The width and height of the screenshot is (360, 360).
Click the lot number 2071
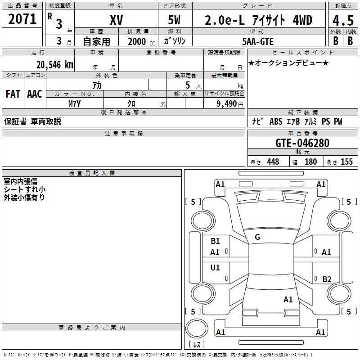coord(22,19)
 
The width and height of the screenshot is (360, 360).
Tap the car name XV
coord(117,20)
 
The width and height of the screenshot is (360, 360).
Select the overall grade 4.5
coord(343,20)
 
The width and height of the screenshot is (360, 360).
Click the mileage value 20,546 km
coord(55,65)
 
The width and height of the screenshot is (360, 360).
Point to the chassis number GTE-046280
coord(302,143)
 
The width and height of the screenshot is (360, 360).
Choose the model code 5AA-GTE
coord(258,41)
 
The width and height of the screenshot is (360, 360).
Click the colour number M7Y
coord(74,104)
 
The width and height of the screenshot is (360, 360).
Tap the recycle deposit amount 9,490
coord(227,104)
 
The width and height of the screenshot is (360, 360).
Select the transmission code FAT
coord(13,94)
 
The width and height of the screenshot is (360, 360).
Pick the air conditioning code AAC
coord(35,94)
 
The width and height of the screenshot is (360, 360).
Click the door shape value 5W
coord(174,20)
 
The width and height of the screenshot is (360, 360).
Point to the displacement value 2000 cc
coord(141,41)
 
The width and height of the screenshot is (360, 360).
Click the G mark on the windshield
coord(257,237)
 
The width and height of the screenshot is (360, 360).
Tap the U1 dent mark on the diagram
coord(215,267)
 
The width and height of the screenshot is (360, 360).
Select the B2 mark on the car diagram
coord(327,279)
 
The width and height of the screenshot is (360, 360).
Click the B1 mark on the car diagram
coord(215,241)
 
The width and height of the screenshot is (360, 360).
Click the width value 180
coord(310,162)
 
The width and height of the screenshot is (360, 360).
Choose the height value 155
coord(346,162)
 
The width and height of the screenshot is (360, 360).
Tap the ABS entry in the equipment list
coord(276,121)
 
